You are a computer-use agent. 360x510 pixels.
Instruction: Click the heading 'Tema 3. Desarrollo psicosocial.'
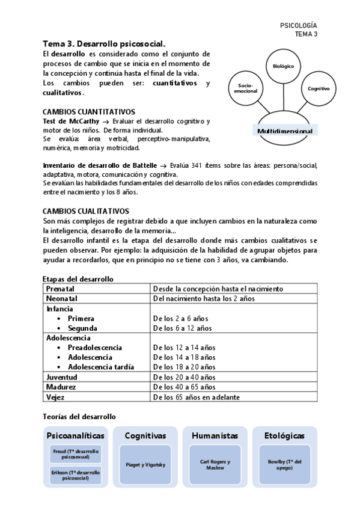point(103,44)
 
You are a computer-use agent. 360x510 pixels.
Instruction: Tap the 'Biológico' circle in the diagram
point(283,66)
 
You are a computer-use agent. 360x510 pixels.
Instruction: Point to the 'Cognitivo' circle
point(318,88)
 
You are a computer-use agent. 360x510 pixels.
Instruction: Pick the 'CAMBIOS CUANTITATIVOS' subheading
point(88,112)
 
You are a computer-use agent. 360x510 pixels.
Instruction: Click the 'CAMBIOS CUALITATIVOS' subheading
point(86,211)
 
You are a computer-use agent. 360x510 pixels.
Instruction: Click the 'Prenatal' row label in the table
point(61,289)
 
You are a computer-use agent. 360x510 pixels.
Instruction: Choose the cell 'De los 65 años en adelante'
point(196,397)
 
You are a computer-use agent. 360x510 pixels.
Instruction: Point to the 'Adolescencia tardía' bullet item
point(100,367)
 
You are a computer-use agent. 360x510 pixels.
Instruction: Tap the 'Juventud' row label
point(62,377)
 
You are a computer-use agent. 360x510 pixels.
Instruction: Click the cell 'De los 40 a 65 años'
point(184,387)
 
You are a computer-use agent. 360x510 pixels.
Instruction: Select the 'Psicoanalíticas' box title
point(75,435)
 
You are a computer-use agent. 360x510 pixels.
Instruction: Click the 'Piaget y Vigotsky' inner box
point(145,465)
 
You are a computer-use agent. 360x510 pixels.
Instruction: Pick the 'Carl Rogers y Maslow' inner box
point(215,465)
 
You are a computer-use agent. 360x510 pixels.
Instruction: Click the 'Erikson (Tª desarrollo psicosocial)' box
point(75,475)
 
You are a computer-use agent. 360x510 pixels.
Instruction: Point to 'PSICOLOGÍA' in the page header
point(299,25)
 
